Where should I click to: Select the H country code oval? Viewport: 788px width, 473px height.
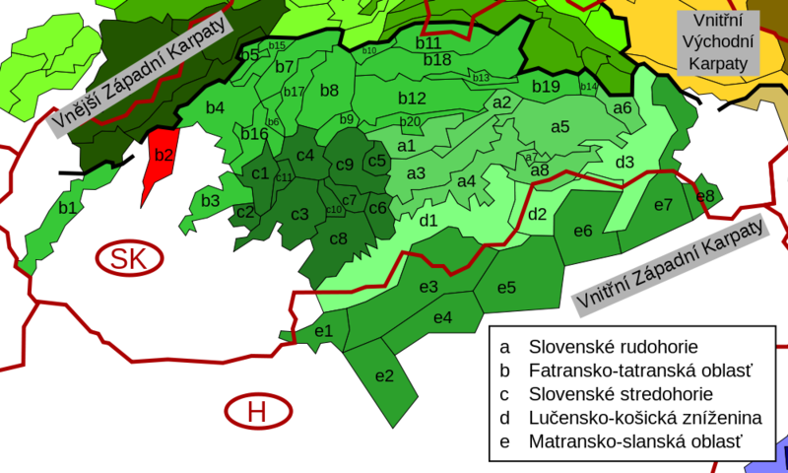tap(257, 411)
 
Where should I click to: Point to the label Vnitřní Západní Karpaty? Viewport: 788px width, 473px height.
tap(669, 265)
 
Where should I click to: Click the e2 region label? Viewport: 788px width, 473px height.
tap(384, 375)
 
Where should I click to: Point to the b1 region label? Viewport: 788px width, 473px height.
tap(68, 208)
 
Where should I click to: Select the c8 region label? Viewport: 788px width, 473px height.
tap(338, 238)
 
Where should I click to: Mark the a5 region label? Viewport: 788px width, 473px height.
tap(560, 126)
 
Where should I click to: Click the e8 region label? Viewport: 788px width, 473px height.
tap(705, 196)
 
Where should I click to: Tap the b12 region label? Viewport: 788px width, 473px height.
tap(412, 98)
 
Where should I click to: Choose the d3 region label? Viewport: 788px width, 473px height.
tap(624, 162)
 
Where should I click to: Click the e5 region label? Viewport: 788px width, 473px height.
tap(506, 288)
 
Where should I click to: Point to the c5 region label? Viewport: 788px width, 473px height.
tap(376, 161)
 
